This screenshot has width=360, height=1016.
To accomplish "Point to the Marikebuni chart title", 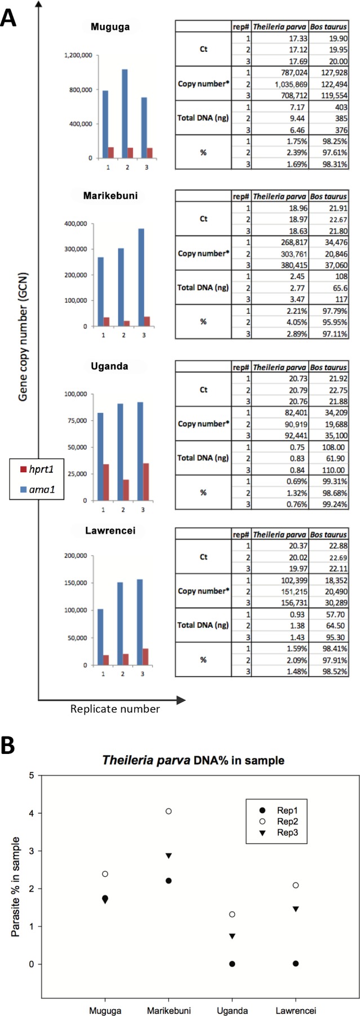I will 110,196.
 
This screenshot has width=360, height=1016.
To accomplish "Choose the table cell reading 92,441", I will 291,436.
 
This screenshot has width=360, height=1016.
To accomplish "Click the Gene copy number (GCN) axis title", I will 23,337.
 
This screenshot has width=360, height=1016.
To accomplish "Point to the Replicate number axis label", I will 115,709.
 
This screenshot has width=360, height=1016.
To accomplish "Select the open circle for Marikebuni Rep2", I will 168,811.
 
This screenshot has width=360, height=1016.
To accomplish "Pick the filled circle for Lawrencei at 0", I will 296,964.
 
